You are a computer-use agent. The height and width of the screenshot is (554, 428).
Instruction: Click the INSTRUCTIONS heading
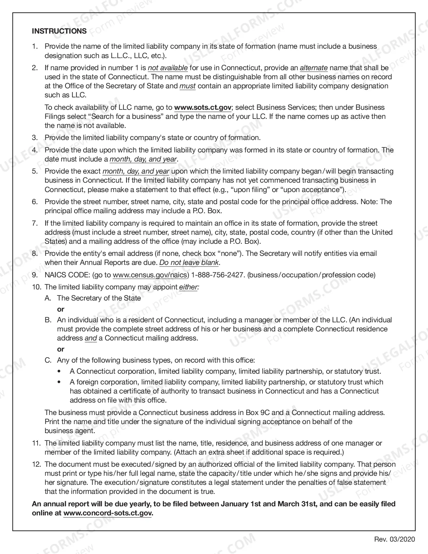[x=59, y=31]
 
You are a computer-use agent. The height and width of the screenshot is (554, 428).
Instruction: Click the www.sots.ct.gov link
[x=203, y=107]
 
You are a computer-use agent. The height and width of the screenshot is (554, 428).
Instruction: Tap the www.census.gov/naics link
[x=150, y=275]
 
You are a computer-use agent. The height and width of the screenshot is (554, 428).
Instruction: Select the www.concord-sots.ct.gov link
[x=108, y=513]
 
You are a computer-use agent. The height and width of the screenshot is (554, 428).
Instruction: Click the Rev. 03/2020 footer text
[x=394, y=540]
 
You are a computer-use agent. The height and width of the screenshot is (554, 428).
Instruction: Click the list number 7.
[x=35, y=223]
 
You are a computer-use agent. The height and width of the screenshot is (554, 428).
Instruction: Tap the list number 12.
[x=36, y=464]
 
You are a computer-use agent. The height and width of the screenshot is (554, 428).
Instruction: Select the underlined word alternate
[x=314, y=68]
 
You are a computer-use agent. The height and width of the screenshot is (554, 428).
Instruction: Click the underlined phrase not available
[x=168, y=68]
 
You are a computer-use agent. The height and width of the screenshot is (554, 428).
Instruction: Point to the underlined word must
[x=187, y=86]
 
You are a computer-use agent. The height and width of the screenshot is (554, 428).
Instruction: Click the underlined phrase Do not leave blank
[x=189, y=263]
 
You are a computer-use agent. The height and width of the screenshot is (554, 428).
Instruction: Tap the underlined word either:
[x=189, y=287]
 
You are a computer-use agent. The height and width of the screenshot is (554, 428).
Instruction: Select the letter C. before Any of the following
[x=48, y=360]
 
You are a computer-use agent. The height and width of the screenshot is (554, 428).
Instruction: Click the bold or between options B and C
[x=60, y=349]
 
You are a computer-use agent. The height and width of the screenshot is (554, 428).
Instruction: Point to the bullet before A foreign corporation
[x=60, y=382]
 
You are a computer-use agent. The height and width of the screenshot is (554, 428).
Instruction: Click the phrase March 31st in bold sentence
[x=295, y=504]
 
